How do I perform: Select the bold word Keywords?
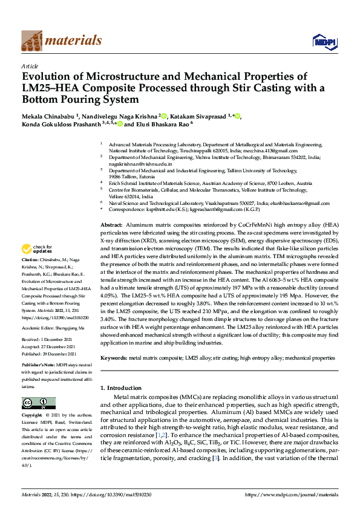pyautogui.click(x=114, y=358)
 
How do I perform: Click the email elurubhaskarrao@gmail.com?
pyautogui.click(x=290, y=203)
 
